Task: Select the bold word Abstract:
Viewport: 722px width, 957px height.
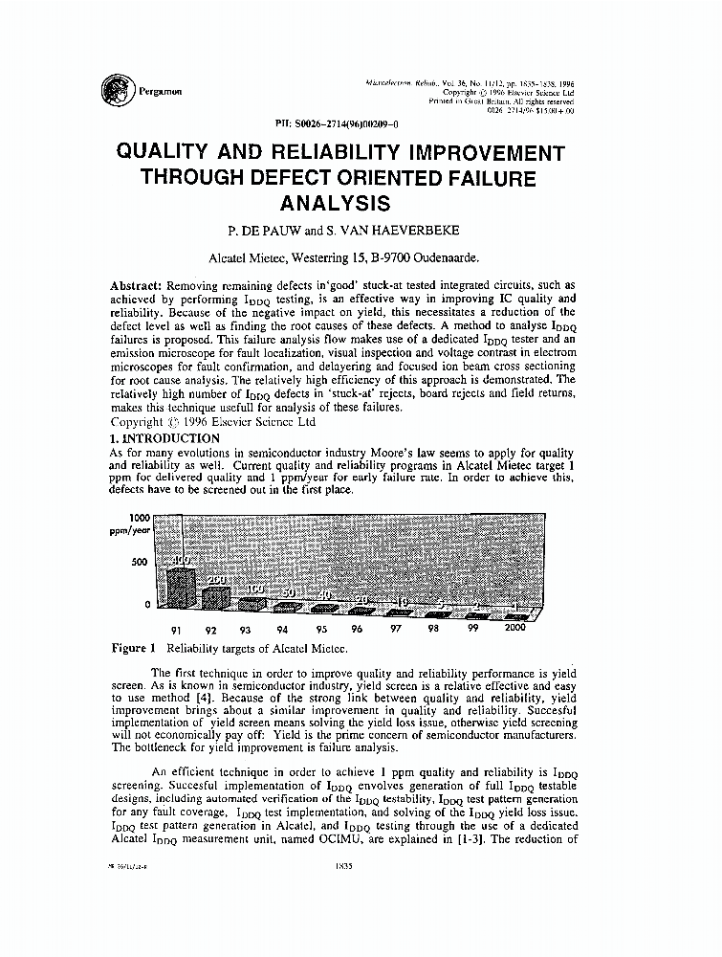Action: tap(137, 285)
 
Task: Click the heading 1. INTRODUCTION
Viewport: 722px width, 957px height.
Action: tap(165, 437)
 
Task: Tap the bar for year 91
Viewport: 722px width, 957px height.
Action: tap(178, 584)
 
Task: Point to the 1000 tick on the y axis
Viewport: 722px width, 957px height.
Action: tap(136, 517)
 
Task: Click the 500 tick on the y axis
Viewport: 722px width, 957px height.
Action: tap(139, 562)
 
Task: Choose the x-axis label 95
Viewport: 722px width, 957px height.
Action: tap(321, 631)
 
